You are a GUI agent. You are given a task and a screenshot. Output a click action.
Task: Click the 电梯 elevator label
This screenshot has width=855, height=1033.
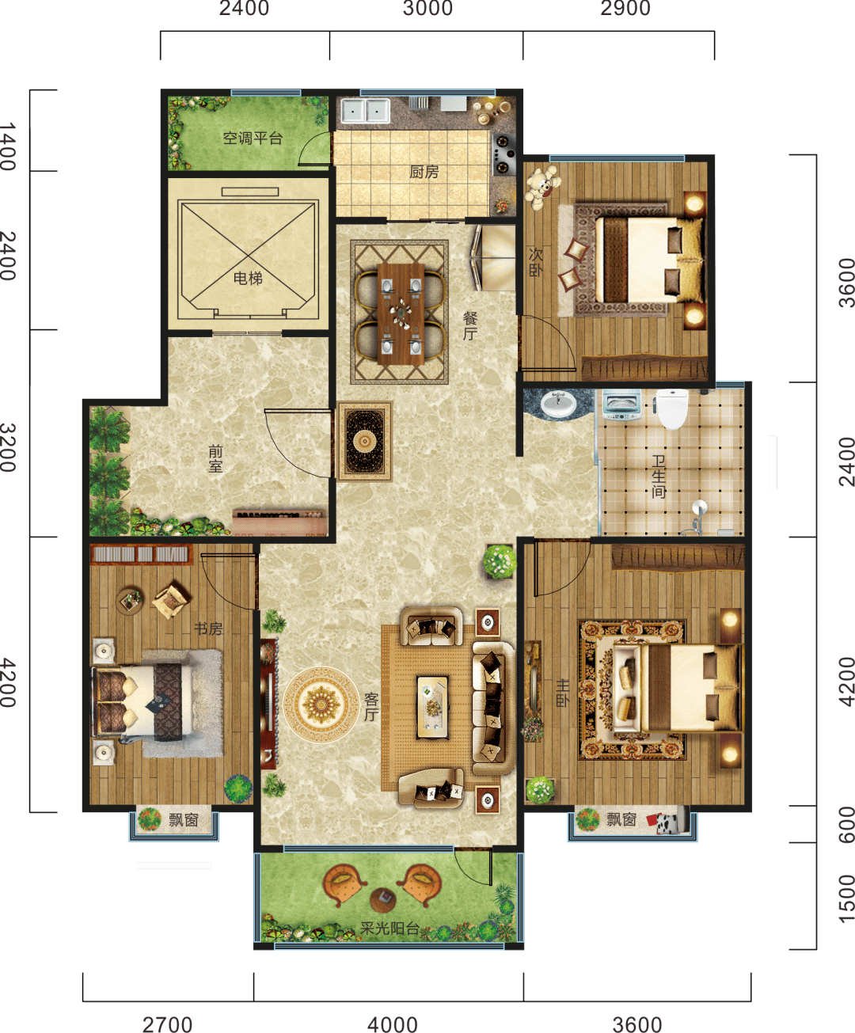248,279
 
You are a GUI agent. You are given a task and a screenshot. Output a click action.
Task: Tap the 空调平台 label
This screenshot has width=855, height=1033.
253,138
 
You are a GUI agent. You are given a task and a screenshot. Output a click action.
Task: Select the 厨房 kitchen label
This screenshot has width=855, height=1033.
424,173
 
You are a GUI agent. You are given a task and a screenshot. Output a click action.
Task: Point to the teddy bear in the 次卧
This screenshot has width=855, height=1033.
541,187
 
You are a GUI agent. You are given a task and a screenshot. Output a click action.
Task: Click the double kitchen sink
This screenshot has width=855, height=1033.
365,112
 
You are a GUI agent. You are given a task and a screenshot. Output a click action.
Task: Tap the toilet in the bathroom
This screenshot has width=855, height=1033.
671,409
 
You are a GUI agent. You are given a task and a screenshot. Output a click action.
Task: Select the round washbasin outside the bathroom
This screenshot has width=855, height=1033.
559,404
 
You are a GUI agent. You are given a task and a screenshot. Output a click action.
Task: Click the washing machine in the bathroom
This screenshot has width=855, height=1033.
621,405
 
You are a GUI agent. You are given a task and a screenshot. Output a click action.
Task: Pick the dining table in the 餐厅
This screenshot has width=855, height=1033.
401,315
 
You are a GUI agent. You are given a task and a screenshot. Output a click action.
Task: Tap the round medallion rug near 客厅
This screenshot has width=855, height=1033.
321,704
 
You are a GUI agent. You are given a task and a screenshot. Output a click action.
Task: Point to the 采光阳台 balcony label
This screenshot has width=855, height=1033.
389,929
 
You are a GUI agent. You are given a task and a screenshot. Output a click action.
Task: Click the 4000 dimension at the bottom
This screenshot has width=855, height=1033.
393,1021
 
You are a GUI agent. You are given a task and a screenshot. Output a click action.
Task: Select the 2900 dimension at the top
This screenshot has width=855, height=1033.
625,9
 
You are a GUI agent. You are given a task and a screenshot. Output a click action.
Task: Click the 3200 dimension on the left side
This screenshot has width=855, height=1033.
9,448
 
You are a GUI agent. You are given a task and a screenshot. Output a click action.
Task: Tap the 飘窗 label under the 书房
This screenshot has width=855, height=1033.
184,820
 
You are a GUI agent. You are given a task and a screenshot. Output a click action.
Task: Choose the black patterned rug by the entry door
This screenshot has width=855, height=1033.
365,441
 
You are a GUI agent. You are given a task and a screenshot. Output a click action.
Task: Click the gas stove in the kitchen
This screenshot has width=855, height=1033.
503,154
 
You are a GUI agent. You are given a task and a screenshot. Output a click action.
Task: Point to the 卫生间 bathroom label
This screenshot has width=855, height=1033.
659,477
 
